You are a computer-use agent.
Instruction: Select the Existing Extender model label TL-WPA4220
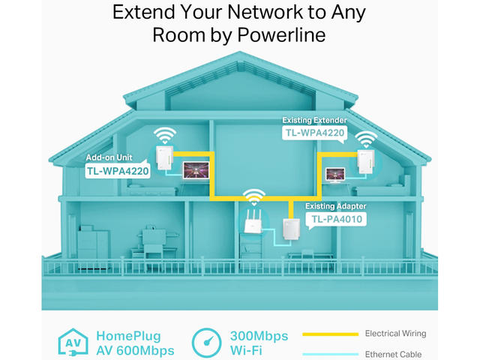point(314,133)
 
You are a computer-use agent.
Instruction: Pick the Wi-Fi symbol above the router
point(255,198)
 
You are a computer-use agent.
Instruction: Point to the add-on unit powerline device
point(162,160)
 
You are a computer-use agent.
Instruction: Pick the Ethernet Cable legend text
point(393,354)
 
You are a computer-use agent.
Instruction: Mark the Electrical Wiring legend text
point(394,334)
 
